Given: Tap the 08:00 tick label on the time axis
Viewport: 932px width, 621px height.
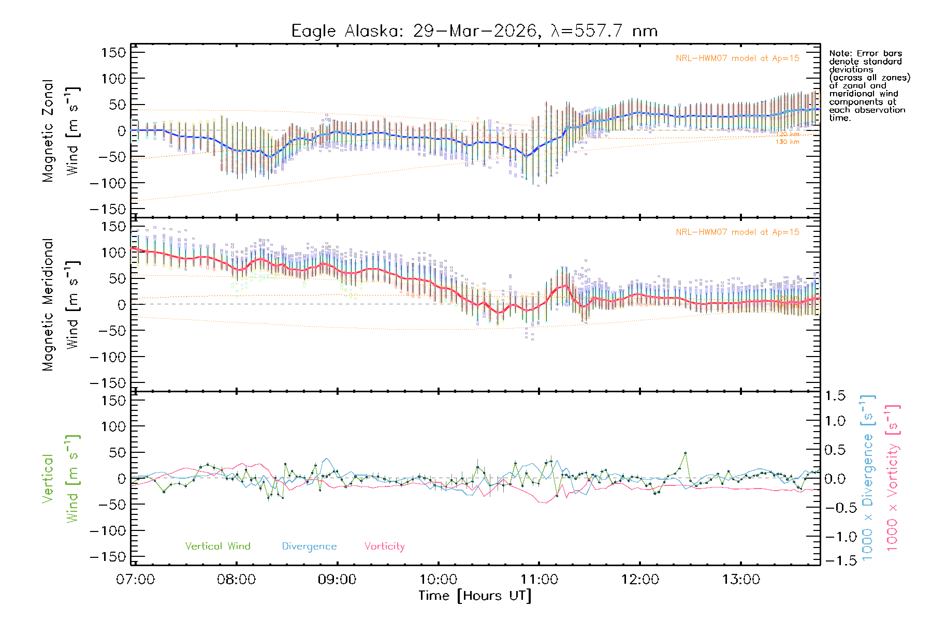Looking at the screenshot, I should [236, 580].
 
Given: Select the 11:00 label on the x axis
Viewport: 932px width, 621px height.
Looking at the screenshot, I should [539, 580].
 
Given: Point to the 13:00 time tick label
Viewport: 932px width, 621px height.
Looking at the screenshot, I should [741, 580].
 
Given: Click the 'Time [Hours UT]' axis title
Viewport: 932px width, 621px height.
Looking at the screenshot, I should [475, 596].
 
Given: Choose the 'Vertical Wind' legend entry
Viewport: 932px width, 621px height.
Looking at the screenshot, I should [217, 546].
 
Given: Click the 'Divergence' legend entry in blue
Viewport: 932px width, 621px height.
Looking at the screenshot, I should [309, 546].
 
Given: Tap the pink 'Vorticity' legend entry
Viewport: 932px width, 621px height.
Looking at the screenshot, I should [384, 546].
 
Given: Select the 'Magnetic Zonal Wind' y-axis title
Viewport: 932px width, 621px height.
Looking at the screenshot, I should [60, 131].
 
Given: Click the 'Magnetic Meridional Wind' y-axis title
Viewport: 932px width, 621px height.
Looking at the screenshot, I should [60, 305].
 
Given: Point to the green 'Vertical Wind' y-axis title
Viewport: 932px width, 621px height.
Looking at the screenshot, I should [60, 479].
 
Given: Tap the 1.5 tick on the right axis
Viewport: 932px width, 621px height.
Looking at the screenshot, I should [835, 396].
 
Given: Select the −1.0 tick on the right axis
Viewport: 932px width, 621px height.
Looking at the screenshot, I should [835, 537].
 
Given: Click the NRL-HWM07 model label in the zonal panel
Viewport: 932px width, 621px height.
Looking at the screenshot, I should [737, 58].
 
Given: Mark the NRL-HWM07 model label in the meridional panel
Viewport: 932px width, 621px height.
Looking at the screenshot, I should [737, 232].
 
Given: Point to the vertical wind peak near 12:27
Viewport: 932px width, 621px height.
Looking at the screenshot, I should [685, 453].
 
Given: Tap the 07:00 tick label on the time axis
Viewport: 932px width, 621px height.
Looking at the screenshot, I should [135, 580].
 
